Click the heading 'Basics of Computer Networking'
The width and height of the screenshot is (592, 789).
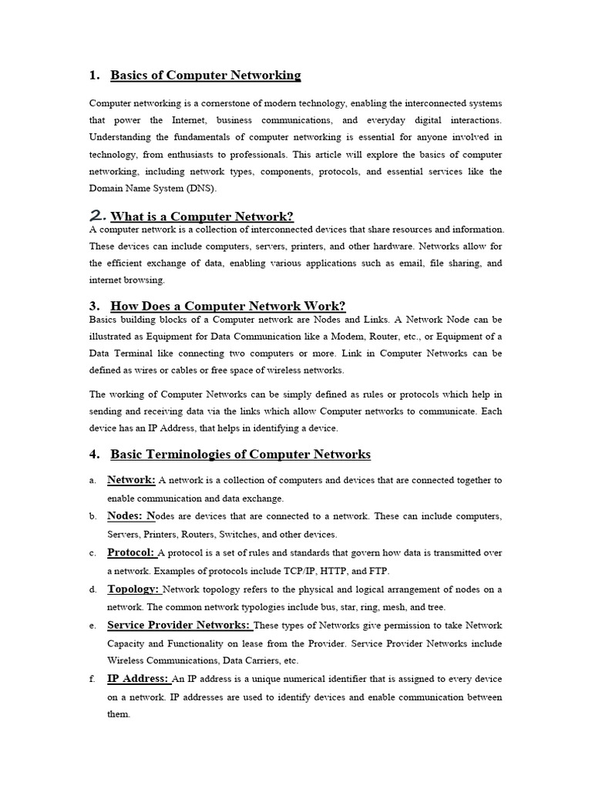point(206,76)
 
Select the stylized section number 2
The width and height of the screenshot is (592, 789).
point(98,215)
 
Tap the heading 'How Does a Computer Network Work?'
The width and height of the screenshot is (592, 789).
point(228,306)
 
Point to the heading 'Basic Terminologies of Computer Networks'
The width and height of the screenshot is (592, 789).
point(240,455)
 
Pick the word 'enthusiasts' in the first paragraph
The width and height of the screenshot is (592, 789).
point(182,154)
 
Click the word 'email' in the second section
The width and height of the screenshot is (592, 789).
point(399,264)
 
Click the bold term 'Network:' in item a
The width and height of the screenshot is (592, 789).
point(131,480)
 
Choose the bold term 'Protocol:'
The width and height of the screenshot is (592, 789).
point(131,552)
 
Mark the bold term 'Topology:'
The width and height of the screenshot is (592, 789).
point(133,589)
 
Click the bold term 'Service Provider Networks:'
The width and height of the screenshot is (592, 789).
point(179,625)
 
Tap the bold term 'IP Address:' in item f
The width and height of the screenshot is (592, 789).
point(138,679)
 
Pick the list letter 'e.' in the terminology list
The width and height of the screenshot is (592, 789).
point(92,626)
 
